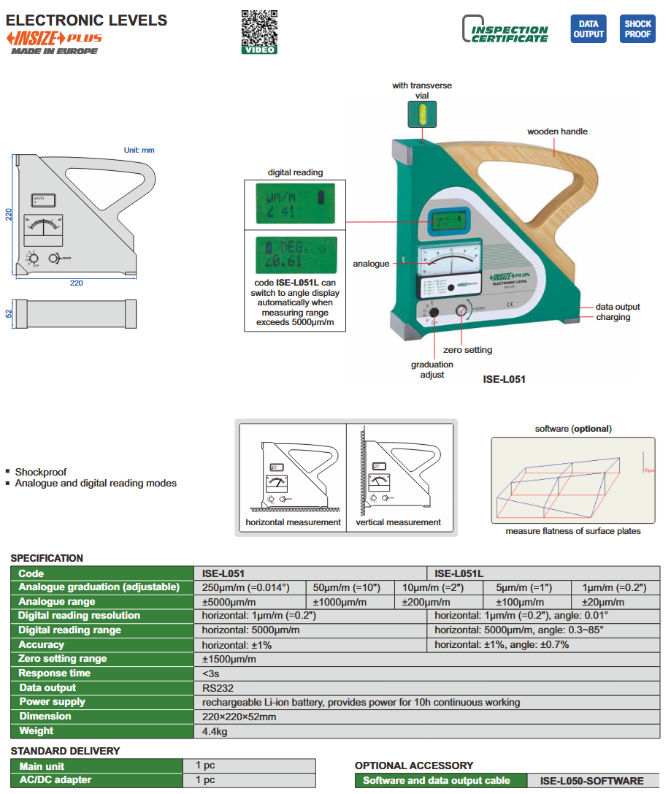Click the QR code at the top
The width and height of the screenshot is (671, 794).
[x=258, y=27]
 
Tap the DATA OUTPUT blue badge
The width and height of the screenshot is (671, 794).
[x=588, y=29]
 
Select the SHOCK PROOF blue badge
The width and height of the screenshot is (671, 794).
[x=637, y=29]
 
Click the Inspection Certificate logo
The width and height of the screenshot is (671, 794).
[x=505, y=30]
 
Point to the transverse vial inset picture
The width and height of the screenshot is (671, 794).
[x=421, y=114]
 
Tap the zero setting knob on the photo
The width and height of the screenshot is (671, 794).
[x=461, y=311]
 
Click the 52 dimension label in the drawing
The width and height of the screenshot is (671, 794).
[x=9, y=313]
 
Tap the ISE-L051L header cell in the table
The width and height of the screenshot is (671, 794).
[x=459, y=573]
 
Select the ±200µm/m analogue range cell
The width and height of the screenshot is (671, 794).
[x=426, y=602]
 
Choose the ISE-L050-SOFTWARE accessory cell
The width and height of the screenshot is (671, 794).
[x=592, y=781]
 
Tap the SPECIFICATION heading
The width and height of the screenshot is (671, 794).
[x=47, y=558]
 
